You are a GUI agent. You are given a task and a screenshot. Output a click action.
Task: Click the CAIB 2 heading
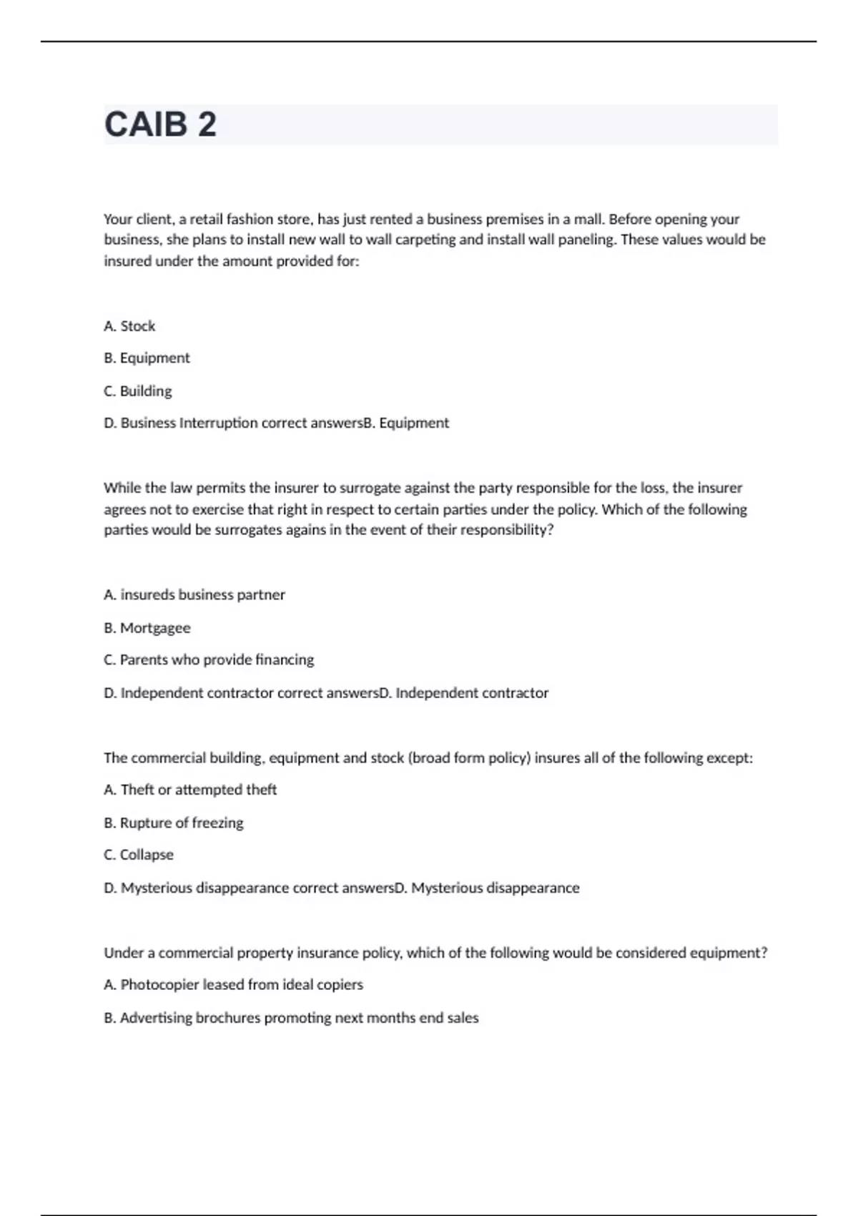pyautogui.click(x=160, y=124)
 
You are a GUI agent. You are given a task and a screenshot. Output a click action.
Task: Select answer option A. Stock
pyautogui.click(x=129, y=326)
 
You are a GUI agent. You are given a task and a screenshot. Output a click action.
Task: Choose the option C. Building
pyautogui.click(x=138, y=391)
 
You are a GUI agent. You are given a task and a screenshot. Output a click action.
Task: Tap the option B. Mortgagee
pyautogui.click(x=147, y=628)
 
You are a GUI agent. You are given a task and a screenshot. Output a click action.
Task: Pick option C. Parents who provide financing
pyautogui.click(x=209, y=660)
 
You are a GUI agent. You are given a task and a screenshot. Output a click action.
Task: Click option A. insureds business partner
pyautogui.click(x=194, y=595)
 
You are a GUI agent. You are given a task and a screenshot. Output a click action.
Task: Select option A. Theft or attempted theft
pyautogui.click(x=190, y=790)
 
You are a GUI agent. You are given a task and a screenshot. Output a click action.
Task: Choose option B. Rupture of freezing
pyautogui.click(x=174, y=823)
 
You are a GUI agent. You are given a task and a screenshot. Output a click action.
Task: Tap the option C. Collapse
pyautogui.click(x=139, y=855)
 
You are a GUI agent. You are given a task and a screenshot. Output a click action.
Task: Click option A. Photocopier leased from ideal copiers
pyautogui.click(x=233, y=985)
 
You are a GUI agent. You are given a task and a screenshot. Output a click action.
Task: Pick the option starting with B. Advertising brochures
pyautogui.click(x=291, y=1018)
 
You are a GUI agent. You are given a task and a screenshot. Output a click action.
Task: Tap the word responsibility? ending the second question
pyautogui.click(x=506, y=530)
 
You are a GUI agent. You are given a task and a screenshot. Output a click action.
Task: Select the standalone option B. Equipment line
pyautogui.click(x=147, y=358)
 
